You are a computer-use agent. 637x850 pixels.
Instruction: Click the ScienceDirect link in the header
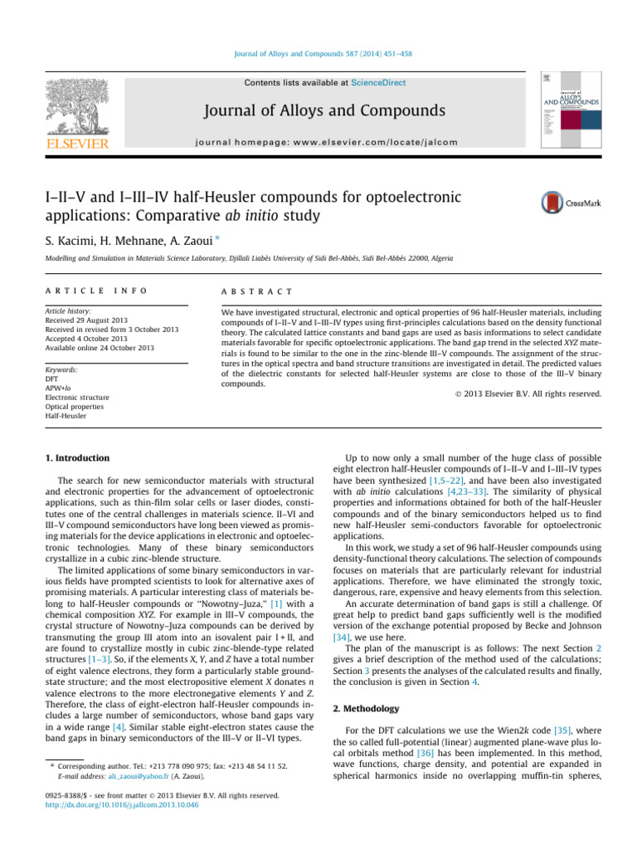click(x=371, y=82)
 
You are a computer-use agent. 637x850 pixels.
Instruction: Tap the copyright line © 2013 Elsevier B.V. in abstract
click(x=533, y=393)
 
